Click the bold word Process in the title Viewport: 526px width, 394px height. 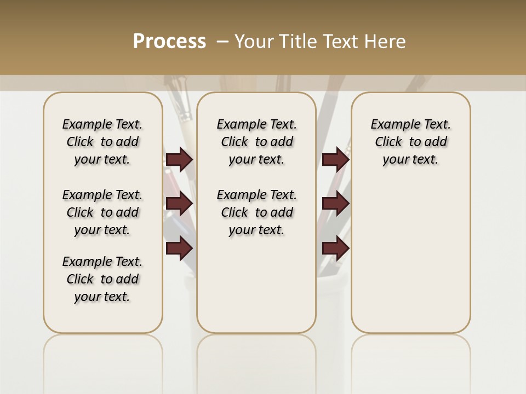coord(169,42)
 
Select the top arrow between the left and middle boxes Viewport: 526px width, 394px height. coord(179,160)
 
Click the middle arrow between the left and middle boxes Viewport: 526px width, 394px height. coord(179,204)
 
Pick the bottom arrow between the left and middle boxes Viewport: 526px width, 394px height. coord(179,248)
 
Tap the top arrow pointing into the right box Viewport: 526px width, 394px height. coord(335,160)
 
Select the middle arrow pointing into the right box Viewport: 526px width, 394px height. coord(335,204)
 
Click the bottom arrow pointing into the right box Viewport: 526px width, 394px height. coord(335,248)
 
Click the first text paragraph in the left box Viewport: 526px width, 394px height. coord(102,142)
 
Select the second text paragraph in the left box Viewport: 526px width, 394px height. coord(102,212)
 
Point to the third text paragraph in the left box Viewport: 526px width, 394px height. coord(102,279)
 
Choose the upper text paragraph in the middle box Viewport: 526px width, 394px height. coord(256,142)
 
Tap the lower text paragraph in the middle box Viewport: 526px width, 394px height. coord(256,212)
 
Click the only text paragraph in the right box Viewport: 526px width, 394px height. coord(410,142)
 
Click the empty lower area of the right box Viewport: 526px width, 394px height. coord(410,257)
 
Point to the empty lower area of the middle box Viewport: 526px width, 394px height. coord(256,285)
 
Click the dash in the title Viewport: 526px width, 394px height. coord(222,42)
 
